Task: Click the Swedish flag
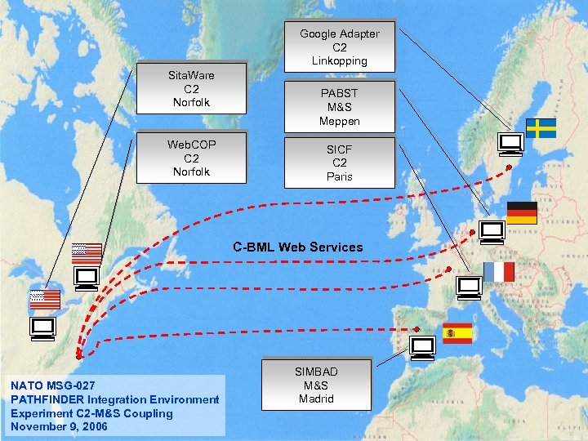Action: (540, 128)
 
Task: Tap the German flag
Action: (522, 212)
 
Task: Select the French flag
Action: (498, 272)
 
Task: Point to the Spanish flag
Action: (457, 332)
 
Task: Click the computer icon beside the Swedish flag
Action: (511, 145)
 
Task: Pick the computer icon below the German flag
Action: (492, 233)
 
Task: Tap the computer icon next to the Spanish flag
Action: (422, 349)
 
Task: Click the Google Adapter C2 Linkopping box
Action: (339, 47)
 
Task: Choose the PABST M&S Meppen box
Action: (339, 107)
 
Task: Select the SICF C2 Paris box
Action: (339, 163)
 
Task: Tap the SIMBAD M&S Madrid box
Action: (316, 385)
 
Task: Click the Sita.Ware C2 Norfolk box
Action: (191, 88)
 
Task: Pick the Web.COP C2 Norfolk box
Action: (191, 158)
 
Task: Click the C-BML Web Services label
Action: (297, 247)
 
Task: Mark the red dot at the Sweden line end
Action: (509, 167)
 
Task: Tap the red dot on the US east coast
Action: (78, 357)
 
